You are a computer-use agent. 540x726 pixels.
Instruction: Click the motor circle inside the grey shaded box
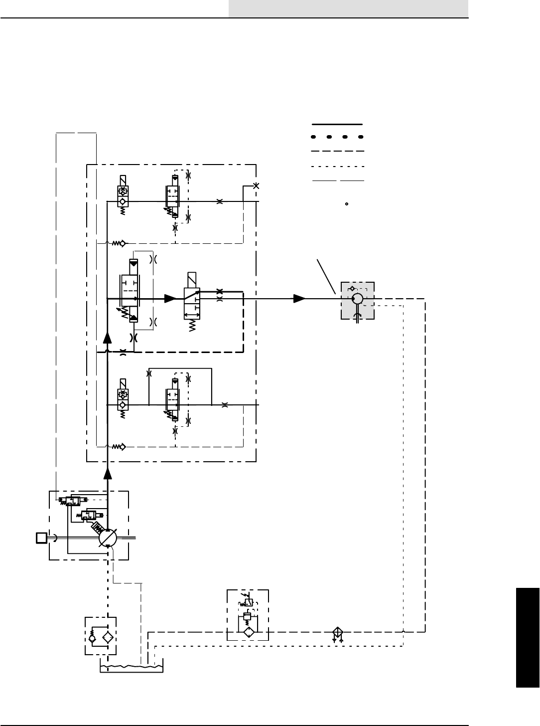tap(357, 299)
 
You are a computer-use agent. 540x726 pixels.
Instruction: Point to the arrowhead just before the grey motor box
tap(299, 299)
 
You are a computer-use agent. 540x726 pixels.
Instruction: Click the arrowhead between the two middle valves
tap(170, 299)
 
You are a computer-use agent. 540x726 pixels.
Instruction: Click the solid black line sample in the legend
tap(338, 123)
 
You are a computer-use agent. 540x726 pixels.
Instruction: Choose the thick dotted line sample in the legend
tap(338, 136)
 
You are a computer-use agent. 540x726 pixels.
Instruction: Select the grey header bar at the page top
tap(348, 8)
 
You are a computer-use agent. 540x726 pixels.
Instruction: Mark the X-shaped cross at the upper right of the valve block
tap(256, 186)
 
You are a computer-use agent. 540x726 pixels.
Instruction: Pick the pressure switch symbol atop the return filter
tap(248, 602)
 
